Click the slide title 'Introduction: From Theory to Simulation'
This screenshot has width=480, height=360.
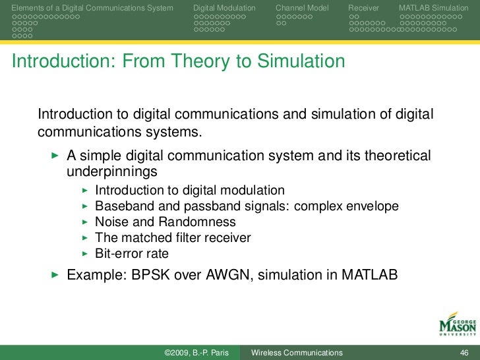178,61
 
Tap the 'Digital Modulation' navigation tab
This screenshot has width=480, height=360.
224,8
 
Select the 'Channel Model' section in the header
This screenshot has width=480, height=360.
302,8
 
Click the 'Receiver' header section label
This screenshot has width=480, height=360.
363,8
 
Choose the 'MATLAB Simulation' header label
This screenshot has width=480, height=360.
433,8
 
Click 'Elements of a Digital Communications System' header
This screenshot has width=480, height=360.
93,8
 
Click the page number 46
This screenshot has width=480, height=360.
463,353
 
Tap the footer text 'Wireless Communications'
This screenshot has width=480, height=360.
297,353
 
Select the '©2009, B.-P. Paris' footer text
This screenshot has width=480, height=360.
196,353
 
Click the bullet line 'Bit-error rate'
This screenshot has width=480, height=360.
132,253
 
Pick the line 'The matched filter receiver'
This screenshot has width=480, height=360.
173,237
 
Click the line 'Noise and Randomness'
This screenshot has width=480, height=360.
165,222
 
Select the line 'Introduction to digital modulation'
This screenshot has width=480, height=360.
190,190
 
